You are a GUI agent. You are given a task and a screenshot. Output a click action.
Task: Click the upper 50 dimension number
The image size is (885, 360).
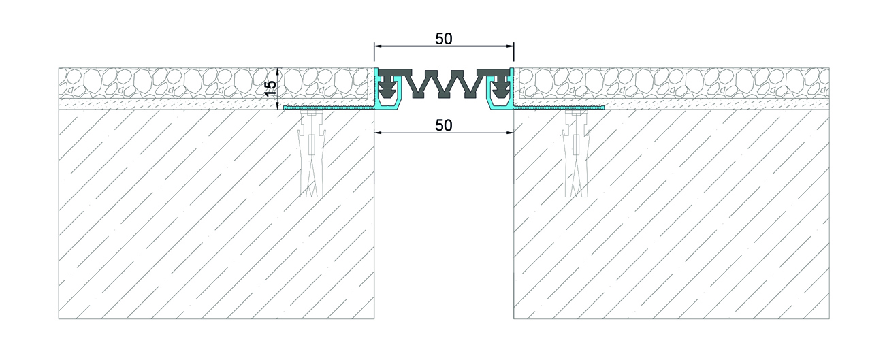click(444, 39)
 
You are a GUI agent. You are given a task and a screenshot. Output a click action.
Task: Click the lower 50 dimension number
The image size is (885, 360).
click(444, 125)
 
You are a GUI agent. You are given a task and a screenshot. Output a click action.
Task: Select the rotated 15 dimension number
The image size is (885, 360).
click(270, 88)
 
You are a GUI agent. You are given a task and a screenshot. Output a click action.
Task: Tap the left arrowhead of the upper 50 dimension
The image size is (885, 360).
click(379, 46)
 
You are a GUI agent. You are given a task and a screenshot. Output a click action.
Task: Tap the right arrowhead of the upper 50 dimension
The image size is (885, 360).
click(510, 46)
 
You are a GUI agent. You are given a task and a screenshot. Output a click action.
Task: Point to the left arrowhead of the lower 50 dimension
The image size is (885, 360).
click(379, 133)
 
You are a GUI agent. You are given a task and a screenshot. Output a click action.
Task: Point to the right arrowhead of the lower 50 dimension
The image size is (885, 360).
click(510, 133)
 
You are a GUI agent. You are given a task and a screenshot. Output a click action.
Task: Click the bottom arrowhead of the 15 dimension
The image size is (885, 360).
click(278, 105)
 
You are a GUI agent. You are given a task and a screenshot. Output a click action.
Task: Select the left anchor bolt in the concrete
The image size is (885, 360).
click(312, 153)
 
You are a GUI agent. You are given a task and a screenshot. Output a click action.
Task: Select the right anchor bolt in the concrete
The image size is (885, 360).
click(576, 153)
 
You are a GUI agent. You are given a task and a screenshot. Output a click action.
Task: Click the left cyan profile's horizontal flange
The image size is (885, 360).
click(329, 108)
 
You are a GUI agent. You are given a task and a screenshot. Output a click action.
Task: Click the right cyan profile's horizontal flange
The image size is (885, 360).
click(559, 108)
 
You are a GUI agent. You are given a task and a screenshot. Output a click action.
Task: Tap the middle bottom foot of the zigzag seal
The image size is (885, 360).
click(444, 95)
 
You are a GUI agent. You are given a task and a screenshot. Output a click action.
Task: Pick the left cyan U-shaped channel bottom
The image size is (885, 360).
click(389, 107)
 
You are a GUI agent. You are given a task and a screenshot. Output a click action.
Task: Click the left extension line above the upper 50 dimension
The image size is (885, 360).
click(374, 52)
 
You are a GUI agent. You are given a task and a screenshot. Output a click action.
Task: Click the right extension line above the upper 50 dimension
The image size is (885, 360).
click(513, 52)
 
